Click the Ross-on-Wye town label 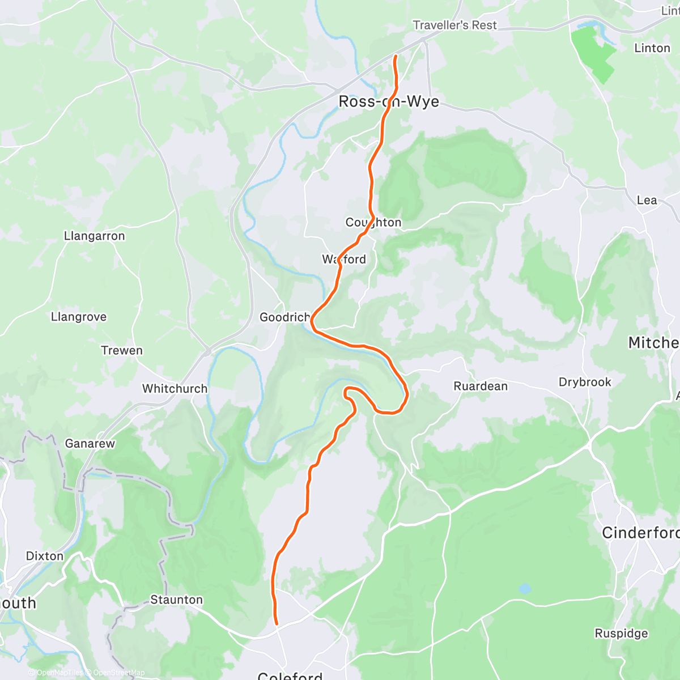388,101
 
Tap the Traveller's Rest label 454,25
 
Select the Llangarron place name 94,236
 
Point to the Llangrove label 79,317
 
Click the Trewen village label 122,350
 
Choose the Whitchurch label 175,389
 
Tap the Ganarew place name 90,443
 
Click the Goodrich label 284,317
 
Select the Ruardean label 481,386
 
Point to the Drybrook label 585,382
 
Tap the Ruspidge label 621,633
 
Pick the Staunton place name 176,600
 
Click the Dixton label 45,556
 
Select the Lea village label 647,200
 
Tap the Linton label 652,48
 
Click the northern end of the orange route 395,56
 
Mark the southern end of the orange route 277,624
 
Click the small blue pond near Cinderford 525,589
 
